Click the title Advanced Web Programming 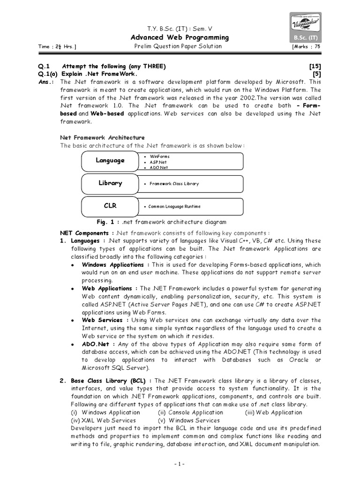tap(180, 37)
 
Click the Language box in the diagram tap(110, 160)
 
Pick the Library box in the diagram tap(110, 183)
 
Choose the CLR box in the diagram tap(110, 206)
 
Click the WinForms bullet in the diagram tap(159, 156)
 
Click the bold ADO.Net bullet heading tap(96, 344)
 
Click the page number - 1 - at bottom tap(180, 464)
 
